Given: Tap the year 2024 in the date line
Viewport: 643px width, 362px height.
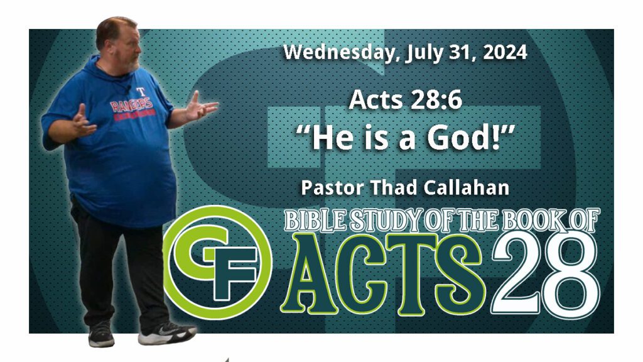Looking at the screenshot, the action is pos(505,52).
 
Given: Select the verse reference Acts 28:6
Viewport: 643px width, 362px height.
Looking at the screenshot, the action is pos(405,100).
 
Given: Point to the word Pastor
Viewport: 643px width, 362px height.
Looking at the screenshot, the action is pos(332,187).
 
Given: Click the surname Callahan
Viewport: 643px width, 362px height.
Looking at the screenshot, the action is pos(467,187).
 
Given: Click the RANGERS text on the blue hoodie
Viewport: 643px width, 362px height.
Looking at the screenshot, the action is pos(132,105).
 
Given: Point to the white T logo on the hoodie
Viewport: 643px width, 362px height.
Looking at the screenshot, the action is pos(141,92).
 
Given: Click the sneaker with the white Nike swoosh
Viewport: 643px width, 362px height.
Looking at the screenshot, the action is pos(166,332).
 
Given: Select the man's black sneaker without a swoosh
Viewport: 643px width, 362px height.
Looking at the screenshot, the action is pos(101,334).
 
